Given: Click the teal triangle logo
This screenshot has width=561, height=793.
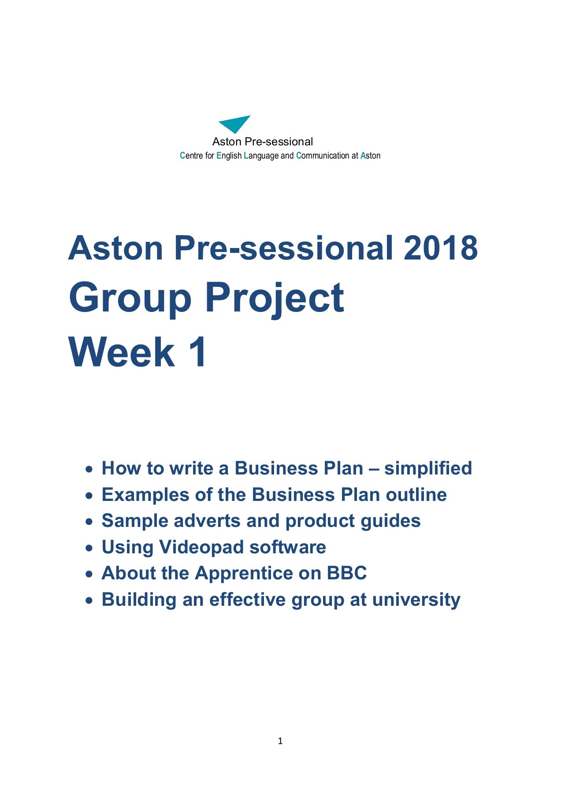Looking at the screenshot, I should (235, 123).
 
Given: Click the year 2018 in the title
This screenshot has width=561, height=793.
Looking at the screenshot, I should (440, 248).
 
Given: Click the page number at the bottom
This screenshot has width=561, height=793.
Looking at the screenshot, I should (280, 741).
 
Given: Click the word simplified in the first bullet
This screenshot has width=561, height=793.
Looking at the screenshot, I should (427, 468).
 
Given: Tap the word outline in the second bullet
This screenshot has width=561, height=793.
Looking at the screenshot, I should (416, 495).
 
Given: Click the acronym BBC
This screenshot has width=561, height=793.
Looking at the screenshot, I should (346, 573).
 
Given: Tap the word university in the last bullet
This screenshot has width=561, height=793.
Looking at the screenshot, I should (416, 600).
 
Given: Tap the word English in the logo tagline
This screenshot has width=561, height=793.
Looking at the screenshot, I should (229, 156).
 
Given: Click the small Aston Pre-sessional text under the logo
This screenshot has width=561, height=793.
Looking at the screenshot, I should (263, 142).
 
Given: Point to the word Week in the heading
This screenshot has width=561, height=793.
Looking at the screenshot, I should (122, 352).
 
